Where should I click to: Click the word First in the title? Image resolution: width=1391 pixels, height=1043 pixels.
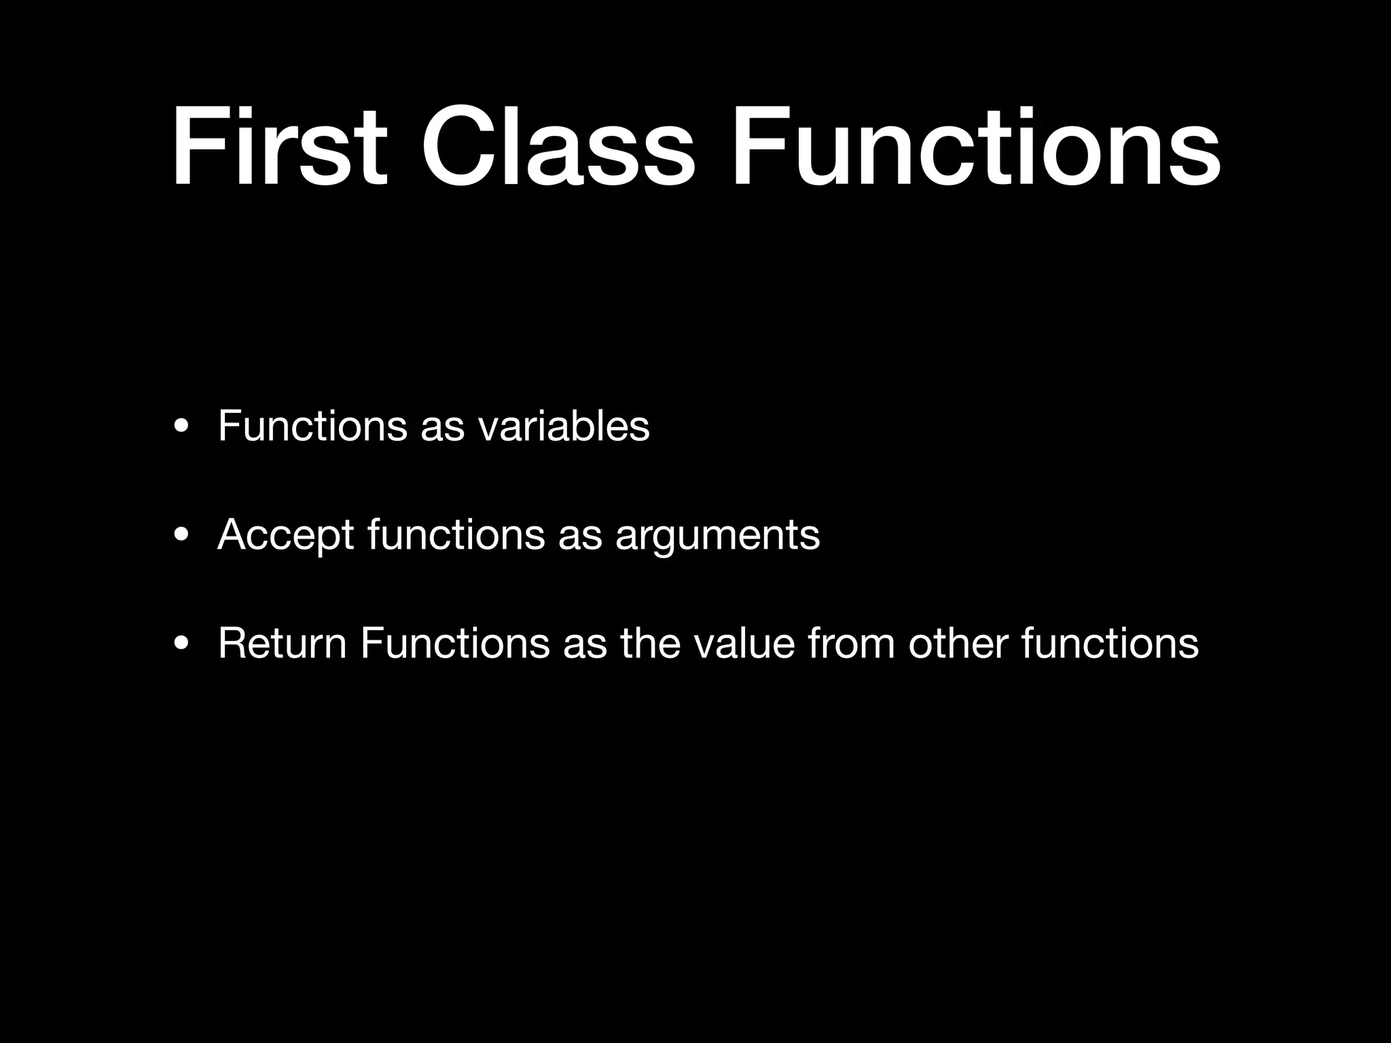(x=278, y=147)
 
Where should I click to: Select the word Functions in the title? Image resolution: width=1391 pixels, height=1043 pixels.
(x=975, y=147)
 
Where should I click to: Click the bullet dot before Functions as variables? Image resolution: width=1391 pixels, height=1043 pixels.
(x=181, y=428)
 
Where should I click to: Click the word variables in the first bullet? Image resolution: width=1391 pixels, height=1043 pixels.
(x=563, y=426)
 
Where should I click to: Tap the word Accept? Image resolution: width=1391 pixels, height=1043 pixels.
(x=285, y=535)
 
